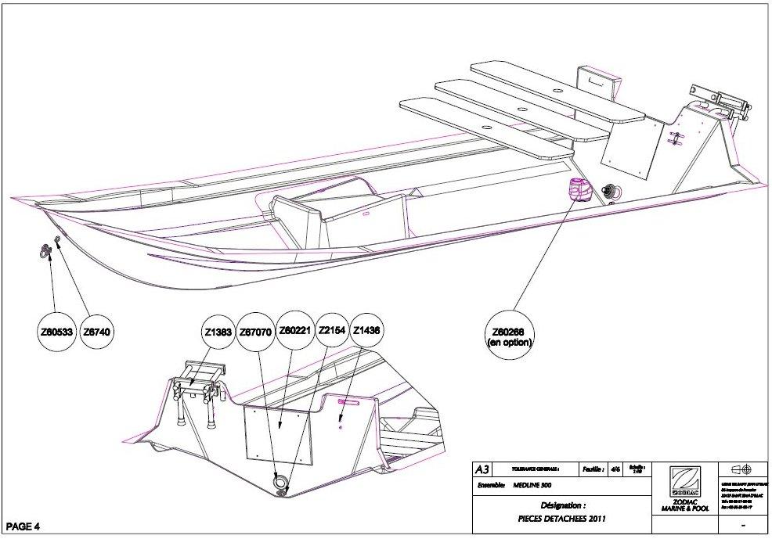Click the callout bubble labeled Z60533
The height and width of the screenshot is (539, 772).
(x=56, y=332)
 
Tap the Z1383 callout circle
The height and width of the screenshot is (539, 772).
(x=218, y=332)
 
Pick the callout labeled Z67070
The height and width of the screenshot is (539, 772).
(x=256, y=332)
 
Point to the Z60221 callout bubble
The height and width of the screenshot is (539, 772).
(x=295, y=332)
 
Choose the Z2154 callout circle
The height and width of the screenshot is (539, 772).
(x=333, y=332)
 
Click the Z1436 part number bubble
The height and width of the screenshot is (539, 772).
(x=367, y=332)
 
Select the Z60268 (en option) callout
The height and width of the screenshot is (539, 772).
(x=510, y=334)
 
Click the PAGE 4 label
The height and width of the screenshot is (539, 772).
(x=23, y=525)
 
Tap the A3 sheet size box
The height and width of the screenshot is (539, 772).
(x=482, y=469)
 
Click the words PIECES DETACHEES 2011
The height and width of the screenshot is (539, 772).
(x=559, y=518)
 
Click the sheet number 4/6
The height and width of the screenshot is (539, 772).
(x=615, y=469)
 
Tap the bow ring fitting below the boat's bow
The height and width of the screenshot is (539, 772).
(x=45, y=250)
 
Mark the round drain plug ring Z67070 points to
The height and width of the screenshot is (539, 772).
(x=280, y=482)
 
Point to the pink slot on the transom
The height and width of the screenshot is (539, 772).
(x=348, y=400)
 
